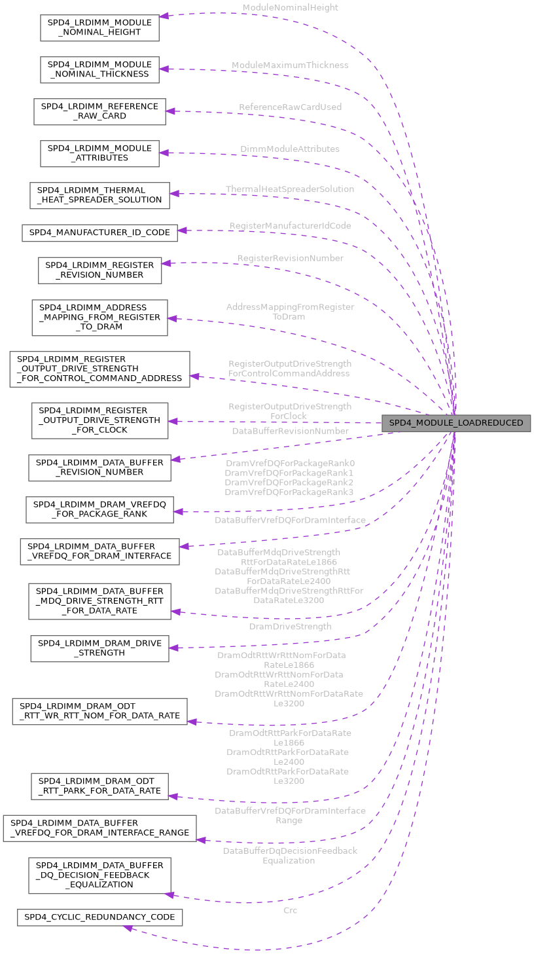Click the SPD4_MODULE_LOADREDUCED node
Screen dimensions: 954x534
pyautogui.click(x=456, y=423)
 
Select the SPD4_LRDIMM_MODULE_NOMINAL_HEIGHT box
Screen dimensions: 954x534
pyautogui.click(x=99, y=28)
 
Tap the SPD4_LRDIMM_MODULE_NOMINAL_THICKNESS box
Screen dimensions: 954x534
pyautogui.click(x=99, y=69)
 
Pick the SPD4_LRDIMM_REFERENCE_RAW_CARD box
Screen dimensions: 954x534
pyautogui.click(x=99, y=111)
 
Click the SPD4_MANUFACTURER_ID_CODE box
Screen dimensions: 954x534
pyautogui.click(x=99, y=232)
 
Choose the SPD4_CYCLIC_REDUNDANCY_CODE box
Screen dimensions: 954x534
pyautogui.click(x=99, y=917)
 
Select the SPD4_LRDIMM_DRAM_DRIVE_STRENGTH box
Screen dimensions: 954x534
pyautogui.click(x=99, y=648)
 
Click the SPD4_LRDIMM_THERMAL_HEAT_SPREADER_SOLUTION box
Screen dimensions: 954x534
pyautogui.click(x=99, y=195)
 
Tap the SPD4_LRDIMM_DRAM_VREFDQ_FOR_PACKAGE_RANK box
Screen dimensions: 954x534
pyautogui.click(x=99, y=509)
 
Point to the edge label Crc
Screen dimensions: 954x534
pyautogui.click(x=290, y=910)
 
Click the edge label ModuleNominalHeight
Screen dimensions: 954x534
pyautogui.click(x=290, y=8)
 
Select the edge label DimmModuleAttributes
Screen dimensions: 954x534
pyautogui.click(x=290, y=149)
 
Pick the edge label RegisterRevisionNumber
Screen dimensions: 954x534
pyautogui.click(x=290, y=259)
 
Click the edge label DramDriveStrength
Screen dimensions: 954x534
pyautogui.click(x=290, y=627)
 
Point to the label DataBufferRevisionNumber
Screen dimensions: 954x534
pyautogui.click(x=290, y=431)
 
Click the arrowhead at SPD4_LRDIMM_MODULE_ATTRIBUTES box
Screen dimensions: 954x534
pyautogui.click(x=164, y=153)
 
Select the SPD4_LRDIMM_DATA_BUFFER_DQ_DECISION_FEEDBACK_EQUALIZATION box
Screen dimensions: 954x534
pyautogui.click(x=99, y=875)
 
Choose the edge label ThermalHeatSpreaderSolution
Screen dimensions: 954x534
pyautogui.click(x=290, y=189)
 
